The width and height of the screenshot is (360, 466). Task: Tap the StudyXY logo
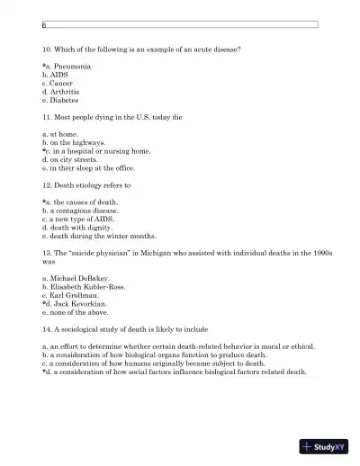(x=325, y=446)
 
